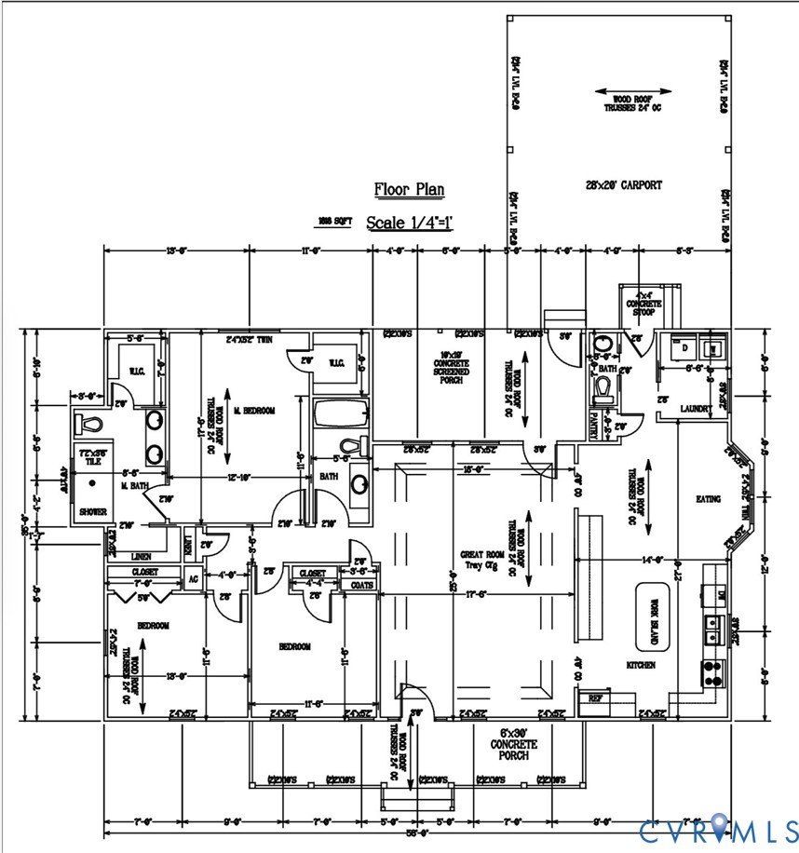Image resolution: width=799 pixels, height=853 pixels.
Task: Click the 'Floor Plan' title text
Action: pos(409,190)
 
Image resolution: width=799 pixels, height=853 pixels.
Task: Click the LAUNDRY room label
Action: pos(696,408)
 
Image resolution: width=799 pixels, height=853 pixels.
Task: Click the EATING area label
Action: pos(708,499)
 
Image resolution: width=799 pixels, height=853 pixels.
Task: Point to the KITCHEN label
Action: pos(640,665)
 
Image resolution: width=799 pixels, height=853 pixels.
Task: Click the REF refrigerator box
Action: pos(593,697)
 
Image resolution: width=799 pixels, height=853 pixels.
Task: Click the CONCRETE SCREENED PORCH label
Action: pos(456,362)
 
